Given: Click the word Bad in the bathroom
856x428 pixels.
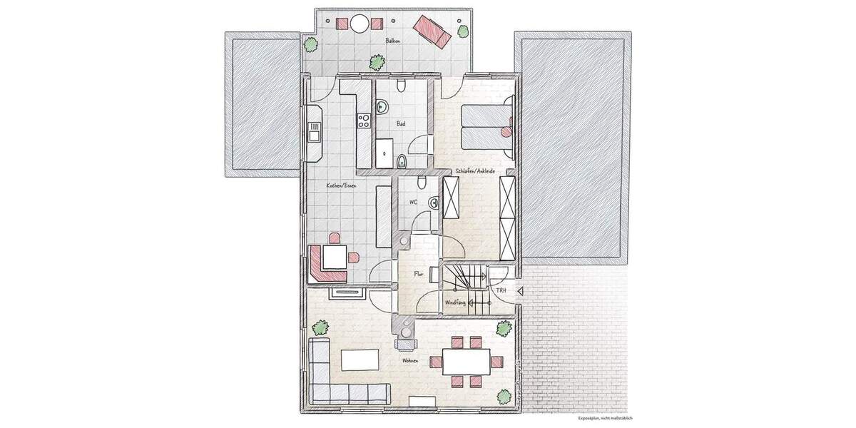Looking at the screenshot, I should click(402, 123).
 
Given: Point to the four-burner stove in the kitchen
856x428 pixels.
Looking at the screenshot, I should click(364, 120).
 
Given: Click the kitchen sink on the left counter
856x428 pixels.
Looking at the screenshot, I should click(314, 131).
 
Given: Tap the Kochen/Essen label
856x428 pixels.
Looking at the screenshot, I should click(341, 185).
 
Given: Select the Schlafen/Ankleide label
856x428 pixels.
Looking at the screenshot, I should click(475, 171).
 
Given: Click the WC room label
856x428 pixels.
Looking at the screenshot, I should click(412, 202).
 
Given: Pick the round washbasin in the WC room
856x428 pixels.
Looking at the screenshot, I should click(434, 203).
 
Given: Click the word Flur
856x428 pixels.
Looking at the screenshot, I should click(419, 273).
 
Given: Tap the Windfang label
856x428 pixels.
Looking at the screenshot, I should click(455, 302).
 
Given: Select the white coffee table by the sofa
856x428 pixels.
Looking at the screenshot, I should click(360, 360).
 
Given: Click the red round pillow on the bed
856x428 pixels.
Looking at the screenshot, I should click(507, 131).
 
